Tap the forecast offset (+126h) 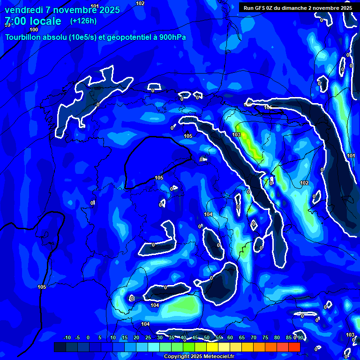83,21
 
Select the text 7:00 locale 33,21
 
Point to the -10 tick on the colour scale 67,337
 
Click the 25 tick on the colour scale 148,337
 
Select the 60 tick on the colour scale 230,337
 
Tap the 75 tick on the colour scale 265,337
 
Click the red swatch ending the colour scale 294,347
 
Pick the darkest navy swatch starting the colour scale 60,347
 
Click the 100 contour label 34,30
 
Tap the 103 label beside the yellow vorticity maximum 236,135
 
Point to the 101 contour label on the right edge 351,156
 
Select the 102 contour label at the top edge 140,3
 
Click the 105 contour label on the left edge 42,287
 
